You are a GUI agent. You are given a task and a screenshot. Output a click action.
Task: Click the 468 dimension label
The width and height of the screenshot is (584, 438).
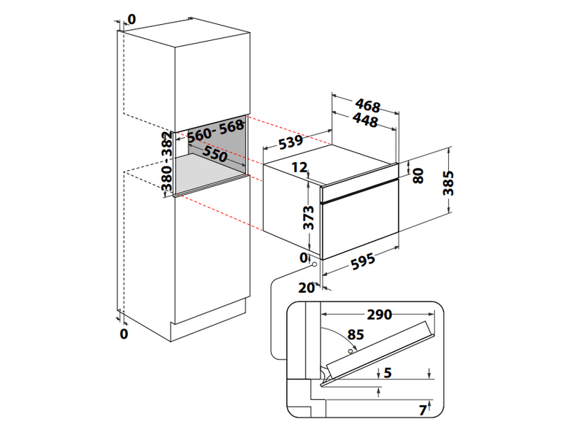tap(366, 107)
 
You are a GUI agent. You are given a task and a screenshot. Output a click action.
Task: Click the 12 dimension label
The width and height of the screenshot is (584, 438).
tap(299, 167)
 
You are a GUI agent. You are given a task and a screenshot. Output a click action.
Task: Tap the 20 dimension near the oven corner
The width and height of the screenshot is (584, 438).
tap(306, 286)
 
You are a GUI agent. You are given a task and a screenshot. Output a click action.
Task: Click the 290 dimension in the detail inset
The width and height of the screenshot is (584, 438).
tap(379, 315)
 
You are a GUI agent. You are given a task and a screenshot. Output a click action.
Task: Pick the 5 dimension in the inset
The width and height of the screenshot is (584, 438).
tap(387, 373)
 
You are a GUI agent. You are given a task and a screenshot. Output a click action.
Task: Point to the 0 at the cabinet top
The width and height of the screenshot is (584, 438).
tap(131, 18)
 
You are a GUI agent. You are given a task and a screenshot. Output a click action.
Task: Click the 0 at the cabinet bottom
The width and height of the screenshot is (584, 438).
tap(123, 334)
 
